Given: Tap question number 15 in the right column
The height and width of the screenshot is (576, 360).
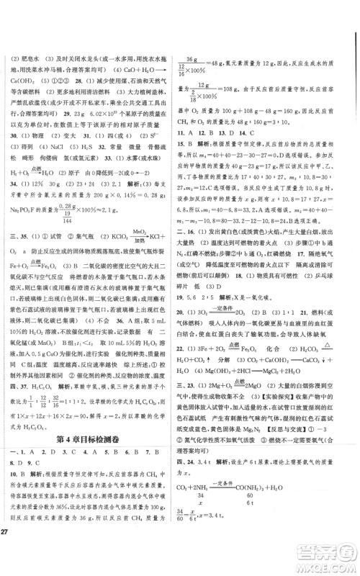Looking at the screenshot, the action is click(x=189, y=165).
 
